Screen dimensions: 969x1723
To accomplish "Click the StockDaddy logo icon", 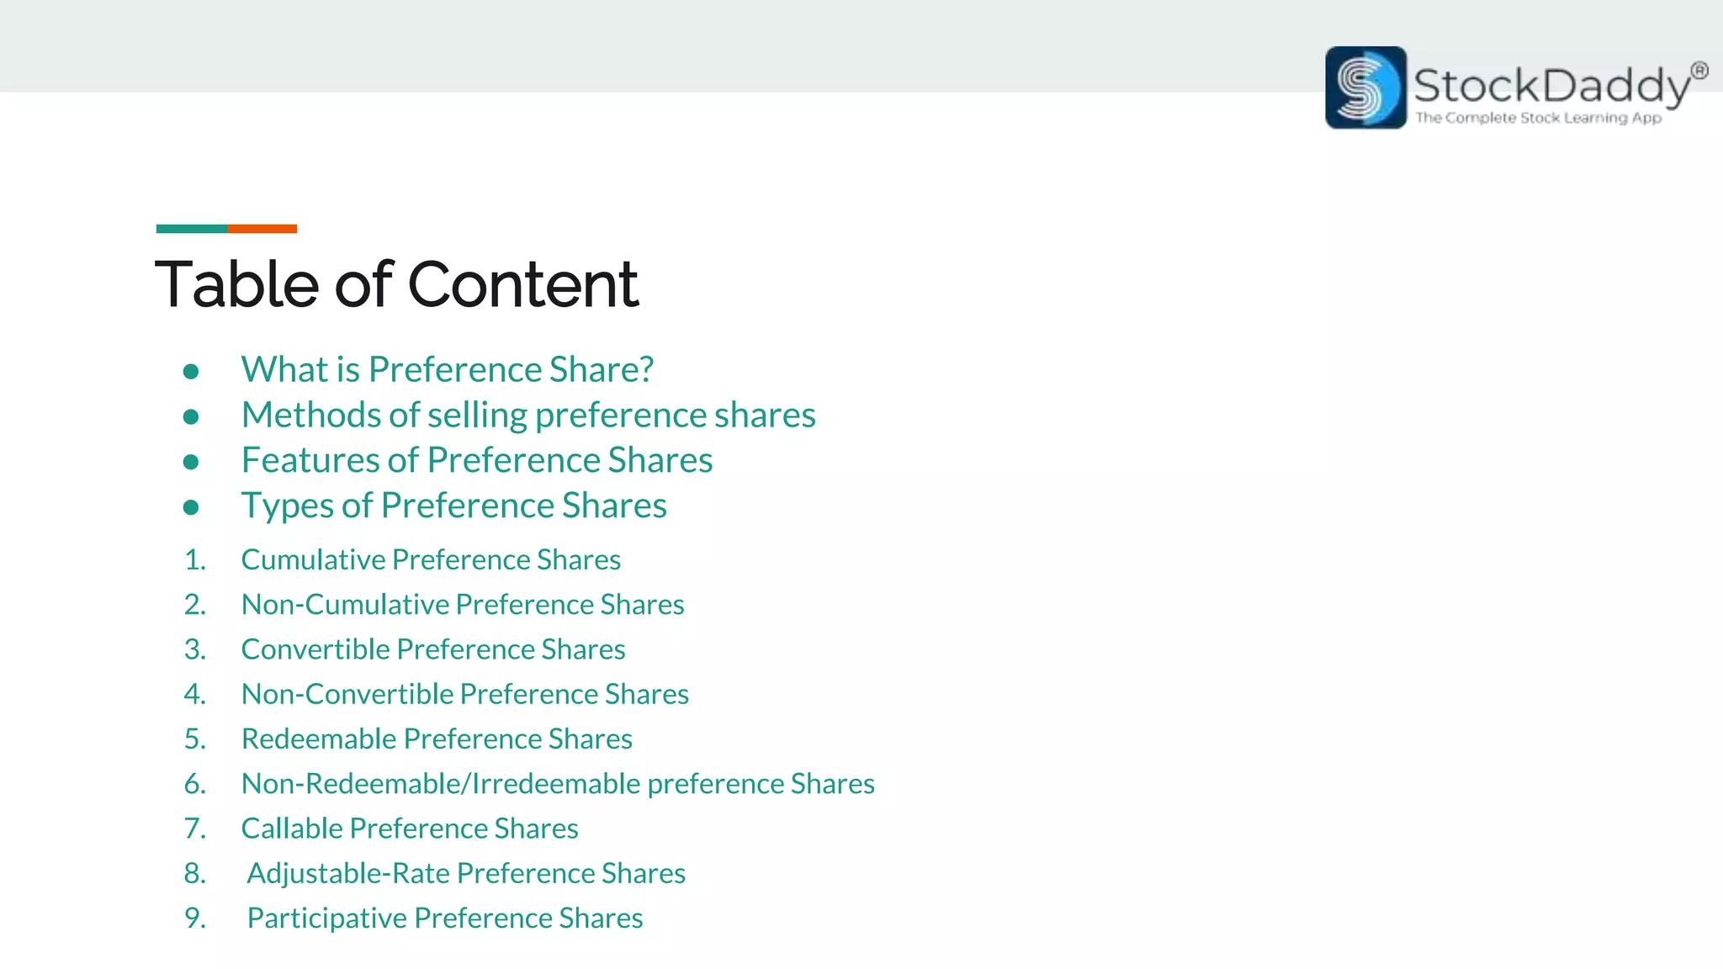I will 1365,87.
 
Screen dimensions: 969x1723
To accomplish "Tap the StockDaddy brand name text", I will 1551,86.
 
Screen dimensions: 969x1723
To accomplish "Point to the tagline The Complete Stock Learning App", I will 1538,118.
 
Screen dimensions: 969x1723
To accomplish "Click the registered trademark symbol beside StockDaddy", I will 1699,71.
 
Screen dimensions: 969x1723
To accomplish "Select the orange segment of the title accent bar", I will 262,229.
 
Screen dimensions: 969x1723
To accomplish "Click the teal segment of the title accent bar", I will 191,229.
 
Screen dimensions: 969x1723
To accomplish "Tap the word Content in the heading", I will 522,284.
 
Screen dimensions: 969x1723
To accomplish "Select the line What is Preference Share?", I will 447,369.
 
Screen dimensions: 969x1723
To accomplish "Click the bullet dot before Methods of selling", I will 191,416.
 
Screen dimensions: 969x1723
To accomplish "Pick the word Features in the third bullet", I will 308,460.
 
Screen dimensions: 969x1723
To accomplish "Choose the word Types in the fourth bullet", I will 287,506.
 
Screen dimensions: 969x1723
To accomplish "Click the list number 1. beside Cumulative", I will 195,559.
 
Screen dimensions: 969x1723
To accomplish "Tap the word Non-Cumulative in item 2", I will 345,604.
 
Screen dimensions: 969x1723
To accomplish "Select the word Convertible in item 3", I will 315,649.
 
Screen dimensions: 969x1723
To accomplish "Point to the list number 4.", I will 195,694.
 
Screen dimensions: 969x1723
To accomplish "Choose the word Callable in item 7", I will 291,829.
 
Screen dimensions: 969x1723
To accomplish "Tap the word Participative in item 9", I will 326,918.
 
